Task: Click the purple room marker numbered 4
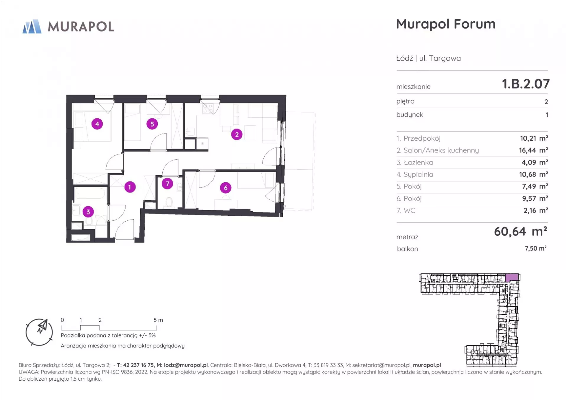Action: [x=97, y=124]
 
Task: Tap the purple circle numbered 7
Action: [x=167, y=184]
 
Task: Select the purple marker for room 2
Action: [x=237, y=134]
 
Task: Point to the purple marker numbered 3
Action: [x=88, y=212]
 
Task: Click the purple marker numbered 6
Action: [x=226, y=188]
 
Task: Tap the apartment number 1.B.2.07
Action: [x=526, y=84]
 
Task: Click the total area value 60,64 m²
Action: [x=521, y=231]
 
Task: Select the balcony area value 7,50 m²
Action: [x=535, y=248]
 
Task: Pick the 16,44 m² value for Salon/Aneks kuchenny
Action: [x=533, y=150]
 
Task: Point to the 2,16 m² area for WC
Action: [x=536, y=210]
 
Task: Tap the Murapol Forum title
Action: [x=446, y=24]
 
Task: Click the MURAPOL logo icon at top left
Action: [x=32, y=26]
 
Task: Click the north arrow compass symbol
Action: [x=39, y=332]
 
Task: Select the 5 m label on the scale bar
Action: [x=158, y=320]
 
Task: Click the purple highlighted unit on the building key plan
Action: [x=512, y=277]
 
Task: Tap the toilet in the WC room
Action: [x=169, y=202]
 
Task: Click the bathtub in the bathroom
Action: [x=90, y=194]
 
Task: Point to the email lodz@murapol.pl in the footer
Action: [x=186, y=365]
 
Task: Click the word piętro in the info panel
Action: [x=405, y=101]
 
